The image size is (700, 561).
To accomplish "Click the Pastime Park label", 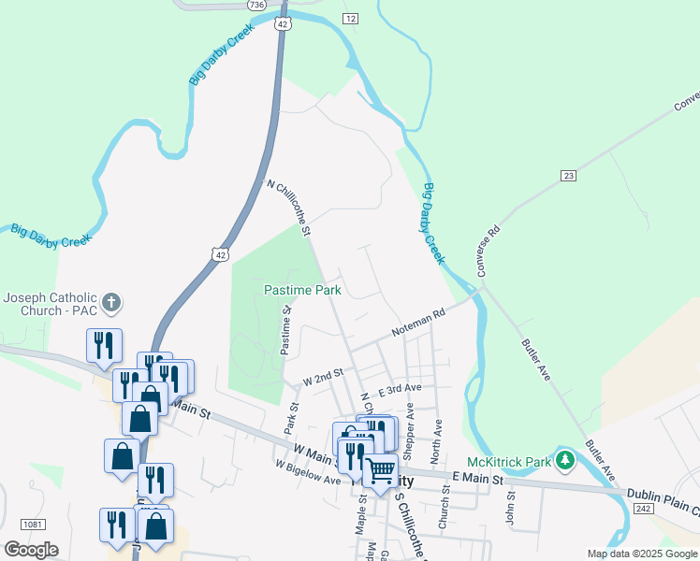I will click(302, 291).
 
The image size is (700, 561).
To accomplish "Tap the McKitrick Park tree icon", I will click(564, 460).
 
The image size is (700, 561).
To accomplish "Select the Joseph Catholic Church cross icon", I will click(111, 302).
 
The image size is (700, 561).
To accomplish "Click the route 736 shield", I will click(256, 5).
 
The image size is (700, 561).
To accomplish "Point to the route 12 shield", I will click(350, 19).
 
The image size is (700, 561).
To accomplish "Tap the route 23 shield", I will click(568, 176).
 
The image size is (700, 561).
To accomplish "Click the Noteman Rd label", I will click(418, 325).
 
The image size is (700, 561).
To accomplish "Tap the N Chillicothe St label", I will click(288, 208).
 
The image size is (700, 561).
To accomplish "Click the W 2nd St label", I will click(324, 378).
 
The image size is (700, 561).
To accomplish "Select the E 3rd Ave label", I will click(400, 388).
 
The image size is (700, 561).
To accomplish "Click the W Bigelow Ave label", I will click(308, 472).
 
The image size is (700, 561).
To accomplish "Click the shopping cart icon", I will click(380, 471).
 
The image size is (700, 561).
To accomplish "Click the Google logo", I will click(31, 550).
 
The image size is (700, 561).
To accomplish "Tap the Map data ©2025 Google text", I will click(641, 554).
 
